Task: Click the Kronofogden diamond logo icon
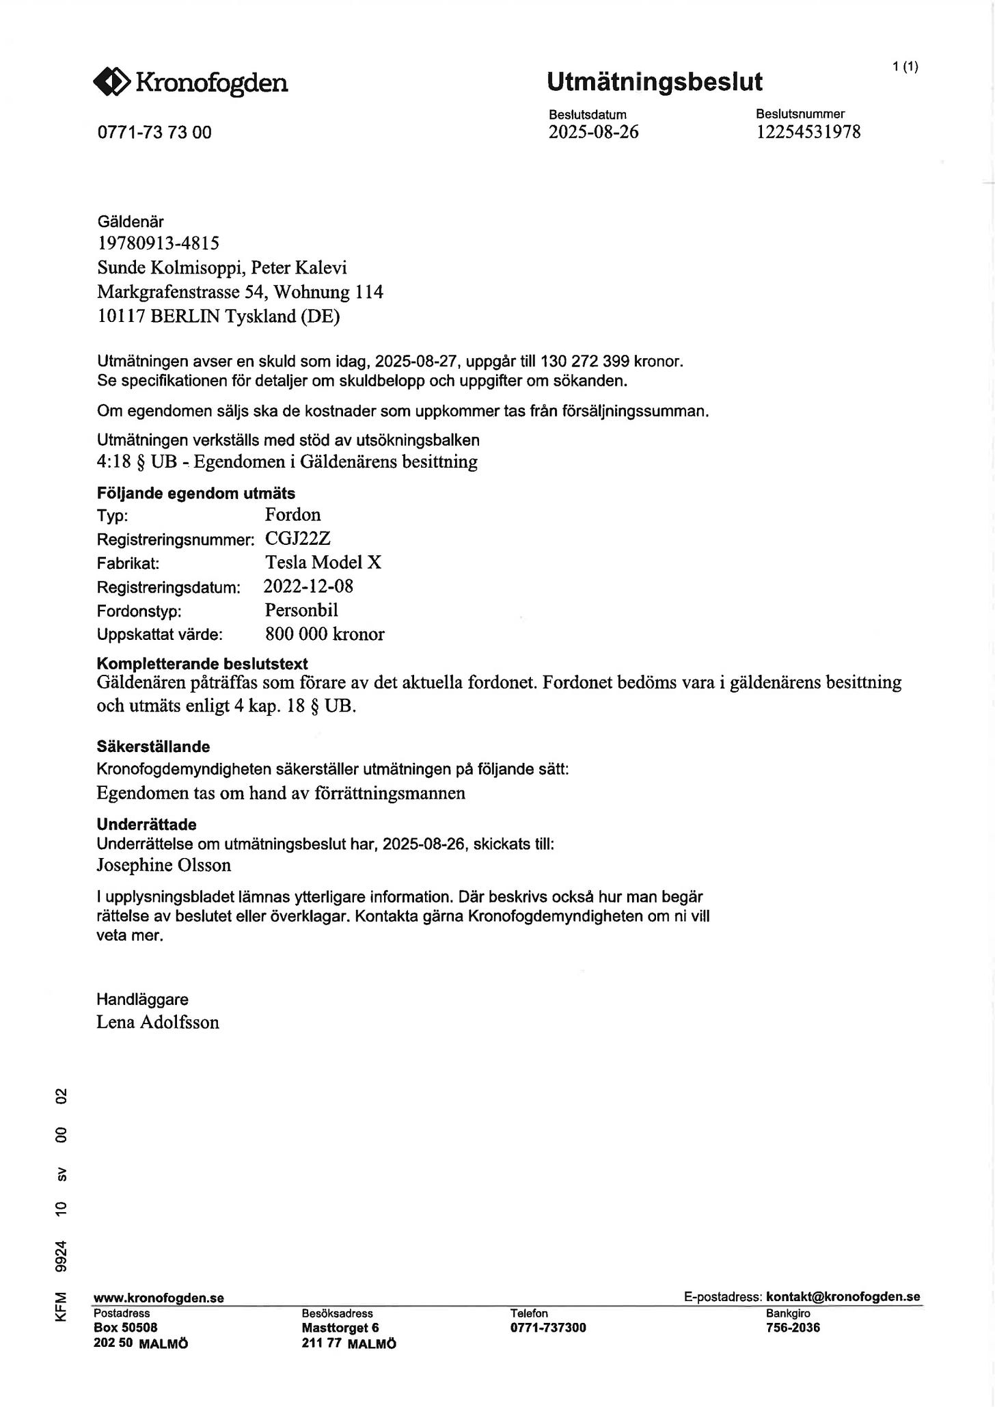point(111,83)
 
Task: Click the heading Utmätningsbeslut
point(654,82)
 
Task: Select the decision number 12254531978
point(808,132)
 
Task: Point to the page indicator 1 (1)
point(905,66)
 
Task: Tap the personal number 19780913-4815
point(158,243)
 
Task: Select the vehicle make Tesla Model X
point(323,563)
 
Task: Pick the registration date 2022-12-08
point(308,587)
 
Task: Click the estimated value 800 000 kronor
point(325,634)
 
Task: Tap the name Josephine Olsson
point(163,866)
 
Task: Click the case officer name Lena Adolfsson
point(158,1023)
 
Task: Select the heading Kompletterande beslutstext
point(202,664)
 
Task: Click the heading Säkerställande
point(153,747)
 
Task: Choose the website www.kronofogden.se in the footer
point(159,1298)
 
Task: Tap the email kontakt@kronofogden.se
point(843,1297)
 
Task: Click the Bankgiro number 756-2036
point(793,1328)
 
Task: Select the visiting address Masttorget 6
point(340,1328)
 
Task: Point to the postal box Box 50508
point(125,1328)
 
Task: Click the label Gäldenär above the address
point(131,222)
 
